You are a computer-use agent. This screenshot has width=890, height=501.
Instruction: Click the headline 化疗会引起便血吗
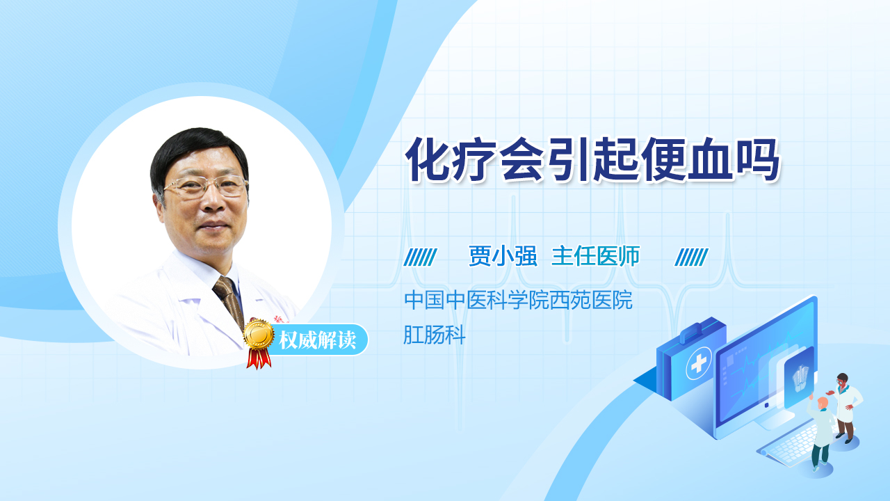[x=592, y=160]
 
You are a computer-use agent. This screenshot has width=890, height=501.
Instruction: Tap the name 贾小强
[x=503, y=255]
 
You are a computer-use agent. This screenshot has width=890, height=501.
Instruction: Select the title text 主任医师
[x=596, y=255]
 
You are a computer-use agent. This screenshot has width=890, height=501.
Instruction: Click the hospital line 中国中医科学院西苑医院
[x=518, y=300]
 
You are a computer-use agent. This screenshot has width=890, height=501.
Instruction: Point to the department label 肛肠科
[x=435, y=335]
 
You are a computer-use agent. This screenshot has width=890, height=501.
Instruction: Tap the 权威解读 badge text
[x=317, y=340]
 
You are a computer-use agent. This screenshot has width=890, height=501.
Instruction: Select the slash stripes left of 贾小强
[x=421, y=257]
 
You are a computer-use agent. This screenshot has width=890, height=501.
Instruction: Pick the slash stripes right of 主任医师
[x=691, y=257]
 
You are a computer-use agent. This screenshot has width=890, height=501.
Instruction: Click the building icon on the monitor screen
[x=800, y=378]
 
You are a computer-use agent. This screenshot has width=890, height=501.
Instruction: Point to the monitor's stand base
[x=775, y=420]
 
